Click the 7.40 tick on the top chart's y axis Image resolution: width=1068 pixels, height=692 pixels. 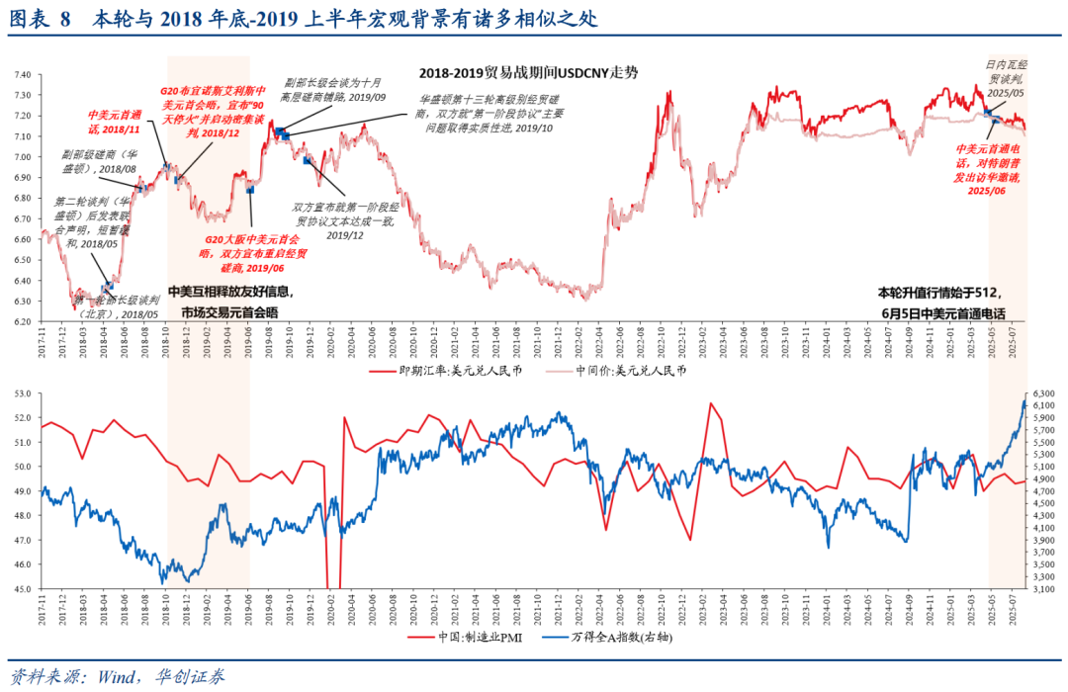pyautogui.click(x=22, y=74)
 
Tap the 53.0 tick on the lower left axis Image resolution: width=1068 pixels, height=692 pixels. pyautogui.click(x=22, y=393)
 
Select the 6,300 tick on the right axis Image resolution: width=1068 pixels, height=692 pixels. pyautogui.click(x=1045, y=393)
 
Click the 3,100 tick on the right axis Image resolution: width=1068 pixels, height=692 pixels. pyautogui.click(x=1045, y=589)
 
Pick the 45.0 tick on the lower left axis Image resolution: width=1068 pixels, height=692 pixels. pyautogui.click(x=22, y=589)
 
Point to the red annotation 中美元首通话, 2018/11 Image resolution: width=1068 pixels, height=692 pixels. pyautogui.click(x=115, y=122)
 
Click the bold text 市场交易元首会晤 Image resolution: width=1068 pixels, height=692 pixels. pyautogui.click(x=229, y=312)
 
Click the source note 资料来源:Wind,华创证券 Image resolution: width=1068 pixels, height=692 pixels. pyautogui.click(x=118, y=677)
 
